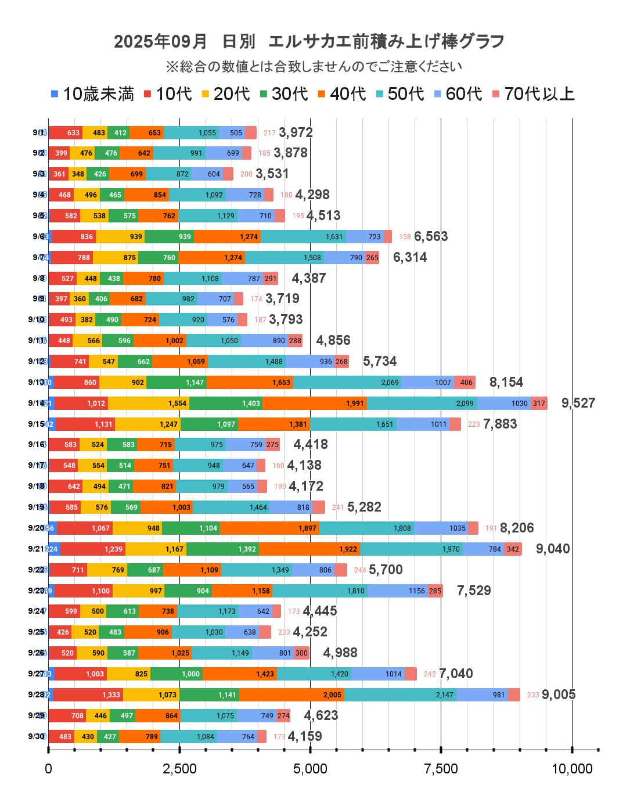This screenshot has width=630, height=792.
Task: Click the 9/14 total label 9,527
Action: point(578,403)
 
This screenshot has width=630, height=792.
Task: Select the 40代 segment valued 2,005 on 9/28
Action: point(291,694)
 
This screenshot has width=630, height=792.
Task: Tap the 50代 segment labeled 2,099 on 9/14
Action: point(422,403)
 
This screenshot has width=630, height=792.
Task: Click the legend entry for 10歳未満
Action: point(92,93)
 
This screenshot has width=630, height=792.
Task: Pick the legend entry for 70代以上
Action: point(533,93)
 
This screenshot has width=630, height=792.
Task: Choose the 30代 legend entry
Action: point(284,93)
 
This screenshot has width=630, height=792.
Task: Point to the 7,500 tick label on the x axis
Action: point(441,769)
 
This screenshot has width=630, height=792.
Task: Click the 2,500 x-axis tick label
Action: point(179,769)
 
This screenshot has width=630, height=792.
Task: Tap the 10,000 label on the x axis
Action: point(571,769)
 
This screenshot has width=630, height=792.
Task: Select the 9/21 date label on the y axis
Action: point(36,549)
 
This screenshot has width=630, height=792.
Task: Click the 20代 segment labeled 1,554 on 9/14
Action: point(149,403)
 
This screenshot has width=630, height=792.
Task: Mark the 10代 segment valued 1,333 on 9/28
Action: point(88,694)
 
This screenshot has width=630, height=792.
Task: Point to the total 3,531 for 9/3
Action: point(272,174)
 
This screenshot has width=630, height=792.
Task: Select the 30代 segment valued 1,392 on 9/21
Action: point(222,549)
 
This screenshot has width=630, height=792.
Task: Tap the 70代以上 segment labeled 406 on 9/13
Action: point(465,382)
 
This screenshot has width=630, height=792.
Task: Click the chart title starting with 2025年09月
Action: point(309,41)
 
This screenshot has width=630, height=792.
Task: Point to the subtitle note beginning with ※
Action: point(314,67)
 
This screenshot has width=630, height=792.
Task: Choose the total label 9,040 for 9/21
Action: point(552,549)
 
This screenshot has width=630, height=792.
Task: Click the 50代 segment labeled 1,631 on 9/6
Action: point(303,236)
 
